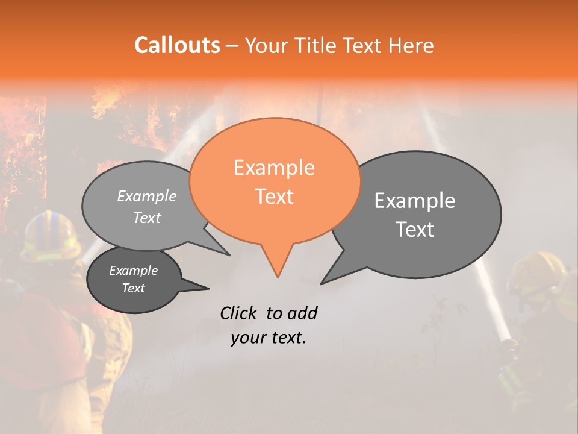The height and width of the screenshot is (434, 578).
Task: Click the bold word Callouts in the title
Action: tap(177, 45)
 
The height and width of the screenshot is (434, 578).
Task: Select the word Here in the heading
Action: tap(412, 46)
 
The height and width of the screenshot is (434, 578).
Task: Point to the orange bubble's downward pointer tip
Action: tap(278, 277)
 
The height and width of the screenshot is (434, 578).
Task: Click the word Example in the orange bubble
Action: tap(274, 168)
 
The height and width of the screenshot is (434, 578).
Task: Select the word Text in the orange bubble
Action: tap(274, 197)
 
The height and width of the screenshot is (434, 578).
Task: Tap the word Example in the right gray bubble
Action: tap(415, 201)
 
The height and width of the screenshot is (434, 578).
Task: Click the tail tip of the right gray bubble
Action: tap(322, 283)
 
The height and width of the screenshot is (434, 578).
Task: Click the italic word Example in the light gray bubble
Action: tap(147, 197)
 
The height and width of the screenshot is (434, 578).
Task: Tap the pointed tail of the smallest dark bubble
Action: tap(208, 288)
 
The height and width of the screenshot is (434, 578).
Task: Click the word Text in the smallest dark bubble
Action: tap(133, 288)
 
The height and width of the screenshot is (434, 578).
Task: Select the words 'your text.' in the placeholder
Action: tap(269, 338)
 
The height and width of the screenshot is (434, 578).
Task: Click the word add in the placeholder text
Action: tap(302, 313)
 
